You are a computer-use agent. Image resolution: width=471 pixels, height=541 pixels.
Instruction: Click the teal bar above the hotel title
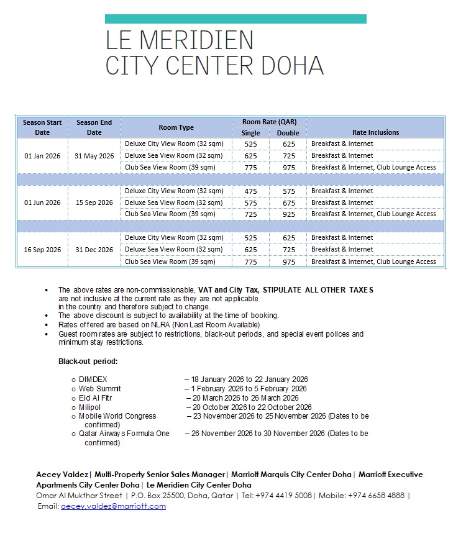point(236,19)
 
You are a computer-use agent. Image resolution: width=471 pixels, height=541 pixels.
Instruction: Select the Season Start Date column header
point(42,127)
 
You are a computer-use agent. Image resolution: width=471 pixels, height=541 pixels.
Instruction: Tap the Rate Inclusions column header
point(375,132)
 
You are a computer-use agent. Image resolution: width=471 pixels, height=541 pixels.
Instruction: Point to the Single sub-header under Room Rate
point(250,133)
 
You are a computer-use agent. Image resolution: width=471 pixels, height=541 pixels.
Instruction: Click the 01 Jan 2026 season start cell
point(42,156)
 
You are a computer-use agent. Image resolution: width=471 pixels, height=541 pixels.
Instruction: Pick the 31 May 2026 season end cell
point(94,156)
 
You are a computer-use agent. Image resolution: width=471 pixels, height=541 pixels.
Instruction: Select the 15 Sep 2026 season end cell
point(94,202)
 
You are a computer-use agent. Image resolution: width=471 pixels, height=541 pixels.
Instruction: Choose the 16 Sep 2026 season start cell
point(42,250)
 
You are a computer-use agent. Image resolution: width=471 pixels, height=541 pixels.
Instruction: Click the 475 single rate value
point(250,191)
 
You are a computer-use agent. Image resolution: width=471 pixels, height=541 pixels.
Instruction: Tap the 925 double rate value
point(288,214)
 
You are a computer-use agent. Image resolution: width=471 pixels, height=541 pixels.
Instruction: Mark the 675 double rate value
point(288,202)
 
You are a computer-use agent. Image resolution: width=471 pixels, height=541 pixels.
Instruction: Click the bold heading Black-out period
point(88,361)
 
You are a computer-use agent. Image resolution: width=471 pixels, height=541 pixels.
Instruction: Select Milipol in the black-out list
point(89,407)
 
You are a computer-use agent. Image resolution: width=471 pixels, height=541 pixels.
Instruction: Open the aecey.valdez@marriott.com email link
point(113,506)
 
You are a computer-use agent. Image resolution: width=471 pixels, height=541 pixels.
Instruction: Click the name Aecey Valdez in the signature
point(62,475)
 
